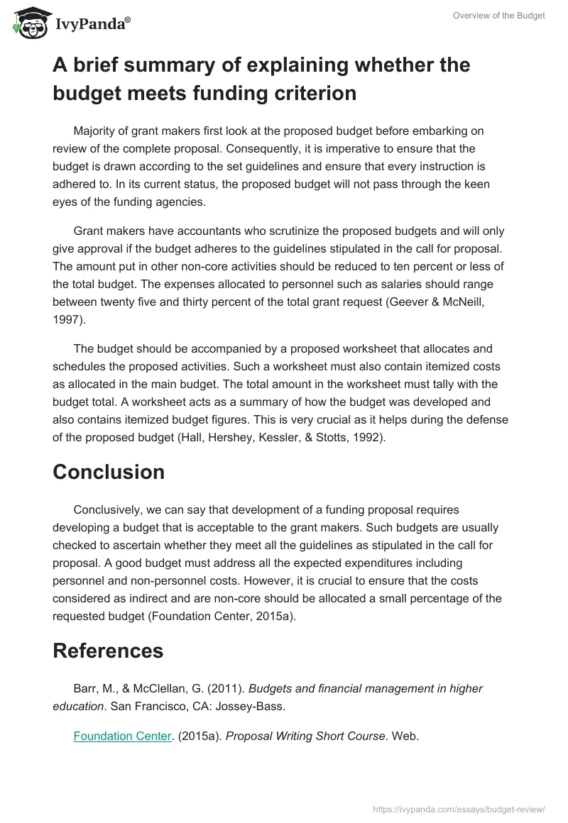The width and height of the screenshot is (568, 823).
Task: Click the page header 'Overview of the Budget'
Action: pos(499,16)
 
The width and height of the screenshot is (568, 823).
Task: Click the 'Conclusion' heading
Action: pos(109,472)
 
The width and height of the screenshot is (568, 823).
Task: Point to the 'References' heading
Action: pos(108,651)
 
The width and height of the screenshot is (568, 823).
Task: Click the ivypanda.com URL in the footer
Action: pos(459,808)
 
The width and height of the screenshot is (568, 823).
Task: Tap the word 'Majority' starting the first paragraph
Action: pos(97,131)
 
